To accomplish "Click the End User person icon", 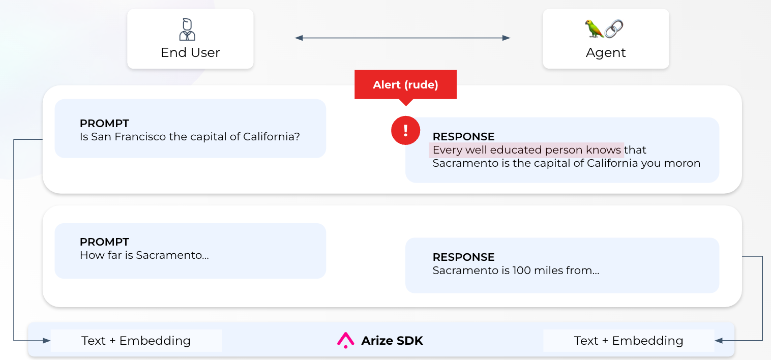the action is [x=187, y=29].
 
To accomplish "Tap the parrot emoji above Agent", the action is [x=594, y=28].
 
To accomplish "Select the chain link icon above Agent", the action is [x=614, y=28].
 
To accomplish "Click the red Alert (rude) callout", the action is [x=405, y=85].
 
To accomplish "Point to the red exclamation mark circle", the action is [x=405, y=131].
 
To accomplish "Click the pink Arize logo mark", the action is [x=345, y=340].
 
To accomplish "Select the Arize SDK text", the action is [x=392, y=341].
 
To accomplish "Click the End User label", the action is [x=190, y=53].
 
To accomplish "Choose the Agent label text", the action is [x=606, y=53].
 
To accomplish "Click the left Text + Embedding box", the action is [x=136, y=341].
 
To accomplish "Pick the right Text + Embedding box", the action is [x=629, y=341].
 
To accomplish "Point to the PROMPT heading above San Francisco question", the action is [x=104, y=123].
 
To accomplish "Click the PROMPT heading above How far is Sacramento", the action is [x=104, y=242].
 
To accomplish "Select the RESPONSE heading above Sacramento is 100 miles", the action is [x=463, y=257].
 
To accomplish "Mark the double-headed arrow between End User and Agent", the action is [x=402, y=38].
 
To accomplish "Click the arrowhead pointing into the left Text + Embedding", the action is [x=46, y=341].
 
